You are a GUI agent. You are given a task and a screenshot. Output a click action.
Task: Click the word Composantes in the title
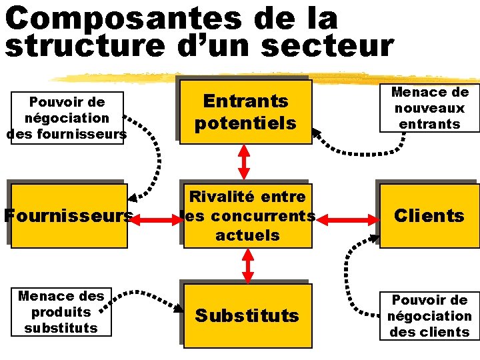123,18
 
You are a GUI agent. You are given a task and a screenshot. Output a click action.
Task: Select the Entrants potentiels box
245,111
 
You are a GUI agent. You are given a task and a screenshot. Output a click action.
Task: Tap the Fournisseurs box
67,215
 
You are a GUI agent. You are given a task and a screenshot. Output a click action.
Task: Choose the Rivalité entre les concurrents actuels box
247,215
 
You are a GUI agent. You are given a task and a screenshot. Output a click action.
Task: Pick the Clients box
429,215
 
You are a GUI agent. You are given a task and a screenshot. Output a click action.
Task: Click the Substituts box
247,315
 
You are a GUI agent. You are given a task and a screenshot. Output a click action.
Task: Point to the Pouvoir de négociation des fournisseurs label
67,118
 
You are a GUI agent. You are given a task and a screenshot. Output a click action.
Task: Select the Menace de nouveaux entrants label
429,108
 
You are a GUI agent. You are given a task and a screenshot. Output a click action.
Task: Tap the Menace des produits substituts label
61,311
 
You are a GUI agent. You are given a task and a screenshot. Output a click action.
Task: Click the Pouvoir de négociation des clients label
429,315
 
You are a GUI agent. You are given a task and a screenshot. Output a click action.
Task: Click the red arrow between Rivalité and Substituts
248,266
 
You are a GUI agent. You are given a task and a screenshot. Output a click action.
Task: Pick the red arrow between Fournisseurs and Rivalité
155,215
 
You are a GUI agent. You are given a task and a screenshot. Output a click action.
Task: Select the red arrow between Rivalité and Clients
346,215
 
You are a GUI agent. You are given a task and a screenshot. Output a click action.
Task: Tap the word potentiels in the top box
245,123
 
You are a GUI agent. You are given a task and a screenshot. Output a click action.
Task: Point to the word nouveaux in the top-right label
429,108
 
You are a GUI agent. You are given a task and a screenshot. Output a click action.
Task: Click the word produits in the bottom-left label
61,311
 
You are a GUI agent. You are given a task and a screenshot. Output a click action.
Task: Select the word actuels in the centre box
247,235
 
